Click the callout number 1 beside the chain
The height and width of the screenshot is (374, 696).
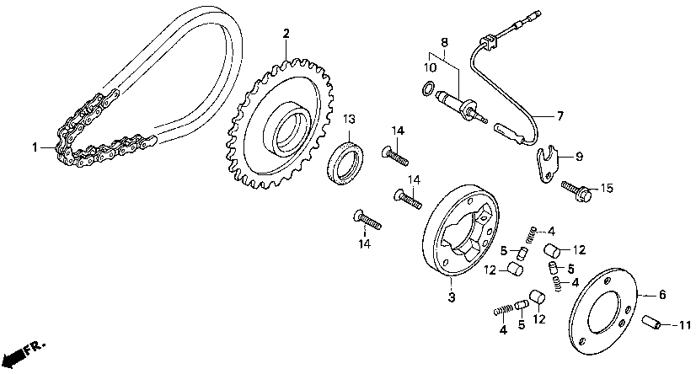tap(35, 147)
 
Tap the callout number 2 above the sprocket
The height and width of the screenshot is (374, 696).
tap(286, 34)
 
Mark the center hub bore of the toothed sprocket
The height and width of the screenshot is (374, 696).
tap(287, 128)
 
